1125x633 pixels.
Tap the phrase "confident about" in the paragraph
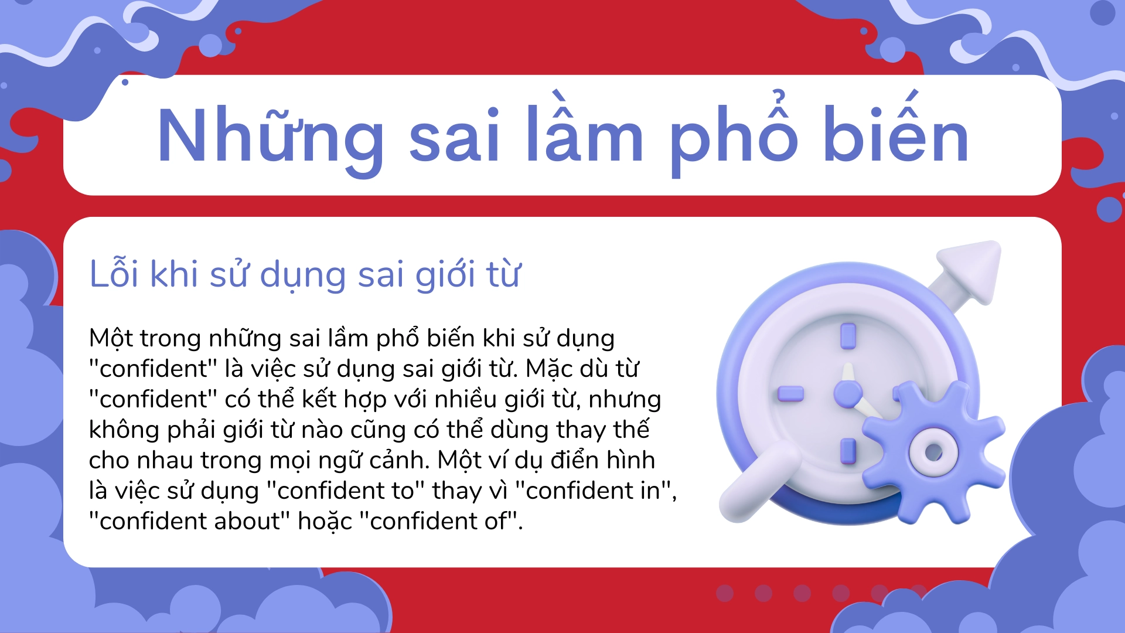click(x=190, y=521)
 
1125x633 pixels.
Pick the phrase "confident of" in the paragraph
click(x=439, y=521)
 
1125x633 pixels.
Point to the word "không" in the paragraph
click(x=124, y=430)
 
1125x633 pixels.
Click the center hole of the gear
click(x=933, y=452)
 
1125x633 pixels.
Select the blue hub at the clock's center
click(x=847, y=393)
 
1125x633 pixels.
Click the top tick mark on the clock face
click(x=848, y=336)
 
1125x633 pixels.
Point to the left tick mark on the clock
click(x=790, y=393)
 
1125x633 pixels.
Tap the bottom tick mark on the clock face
click(x=848, y=452)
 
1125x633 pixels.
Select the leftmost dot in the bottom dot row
click(x=725, y=593)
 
